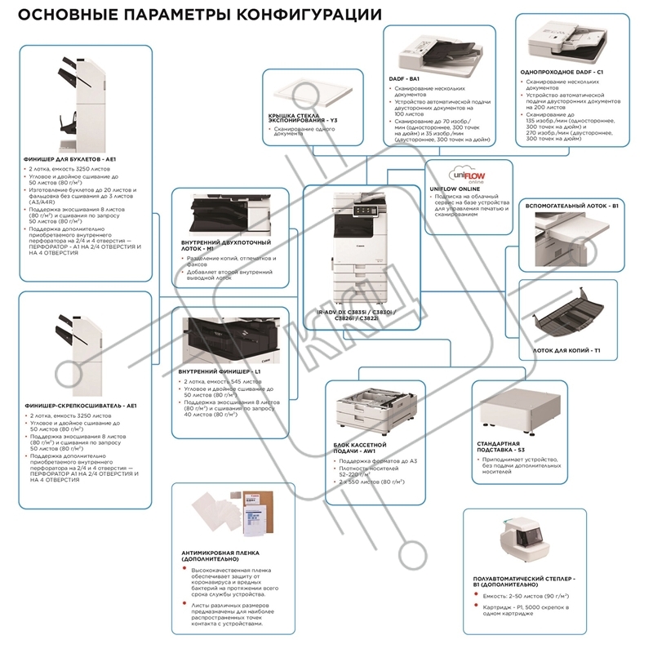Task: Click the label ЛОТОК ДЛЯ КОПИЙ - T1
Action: [566, 349]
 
